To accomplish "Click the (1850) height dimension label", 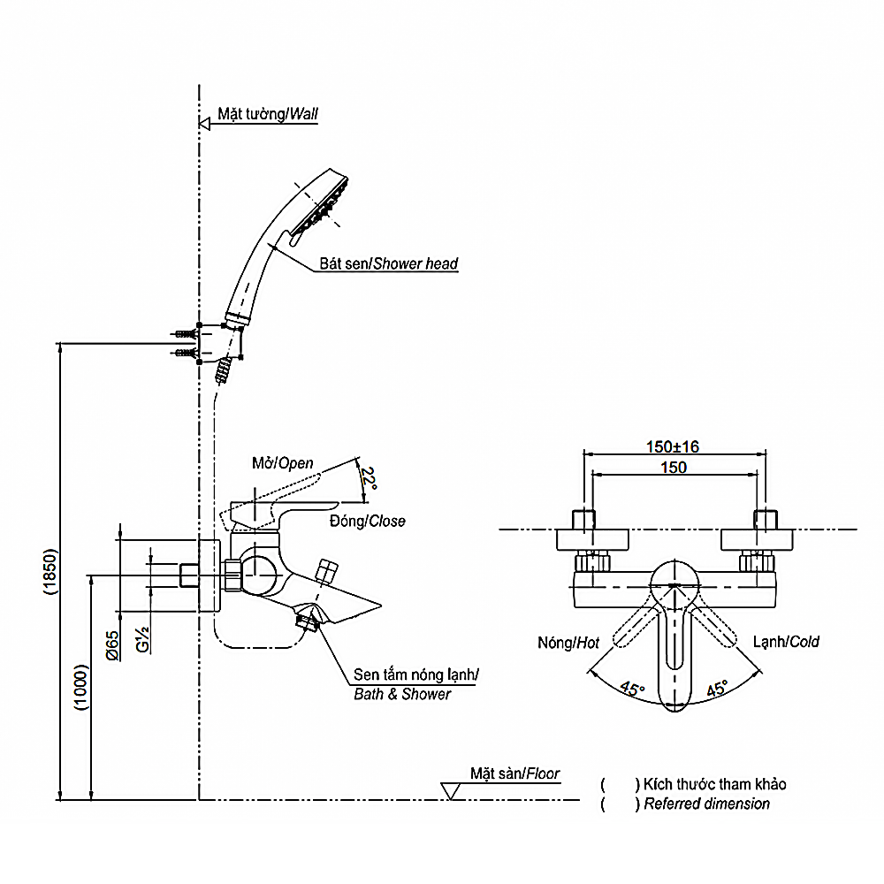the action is click(50, 571).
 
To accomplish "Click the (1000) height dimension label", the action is click(81, 687).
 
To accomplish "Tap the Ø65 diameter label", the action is click(112, 645).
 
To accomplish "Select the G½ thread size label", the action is click(142, 639).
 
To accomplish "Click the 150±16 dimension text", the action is click(672, 446).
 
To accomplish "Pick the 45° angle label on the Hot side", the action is click(632, 689).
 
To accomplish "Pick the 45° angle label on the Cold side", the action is click(717, 688).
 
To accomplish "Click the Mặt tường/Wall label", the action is click(268, 114).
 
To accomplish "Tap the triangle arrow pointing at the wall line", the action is click(205, 124).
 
